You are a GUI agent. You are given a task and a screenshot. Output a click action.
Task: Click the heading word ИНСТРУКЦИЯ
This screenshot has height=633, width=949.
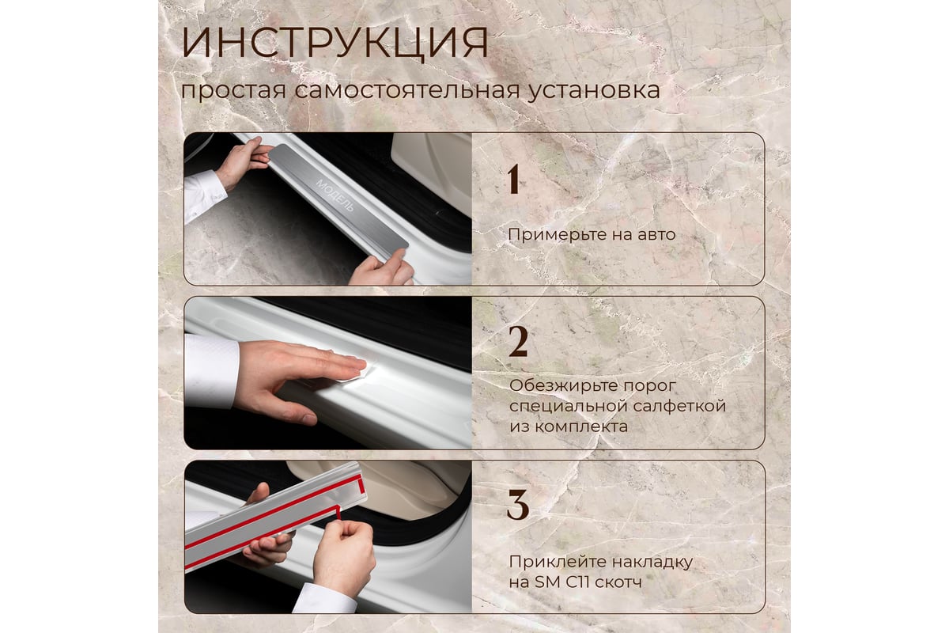point(335,43)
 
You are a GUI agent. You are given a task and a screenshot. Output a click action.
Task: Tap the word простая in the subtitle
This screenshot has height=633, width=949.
point(233,91)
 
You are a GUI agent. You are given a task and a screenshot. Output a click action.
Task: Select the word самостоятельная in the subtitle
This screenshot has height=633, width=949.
point(407,90)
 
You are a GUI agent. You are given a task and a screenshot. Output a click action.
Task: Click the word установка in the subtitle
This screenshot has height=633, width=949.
point(594,91)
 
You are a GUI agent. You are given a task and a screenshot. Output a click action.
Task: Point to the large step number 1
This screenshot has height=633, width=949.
point(514,180)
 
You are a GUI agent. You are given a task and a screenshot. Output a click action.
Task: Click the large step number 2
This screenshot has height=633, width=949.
point(518,342)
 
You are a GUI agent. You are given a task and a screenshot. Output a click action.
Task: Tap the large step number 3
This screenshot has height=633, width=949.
point(518,505)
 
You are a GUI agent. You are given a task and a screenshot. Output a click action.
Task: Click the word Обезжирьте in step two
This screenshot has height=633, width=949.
point(563,386)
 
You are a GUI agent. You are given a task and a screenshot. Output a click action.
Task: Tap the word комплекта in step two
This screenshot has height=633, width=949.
point(582,426)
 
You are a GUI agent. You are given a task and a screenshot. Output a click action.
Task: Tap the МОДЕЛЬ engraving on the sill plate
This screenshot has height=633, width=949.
point(335,195)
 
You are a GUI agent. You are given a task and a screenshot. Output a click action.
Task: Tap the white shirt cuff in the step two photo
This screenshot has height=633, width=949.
point(210,371)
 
